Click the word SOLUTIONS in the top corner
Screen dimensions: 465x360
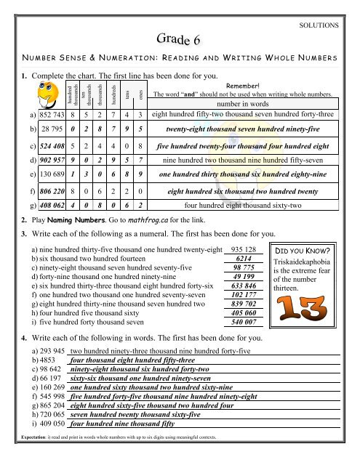(x=319, y=24)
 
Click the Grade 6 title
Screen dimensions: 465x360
(x=180, y=38)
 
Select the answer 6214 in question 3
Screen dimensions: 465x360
(x=244, y=258)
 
